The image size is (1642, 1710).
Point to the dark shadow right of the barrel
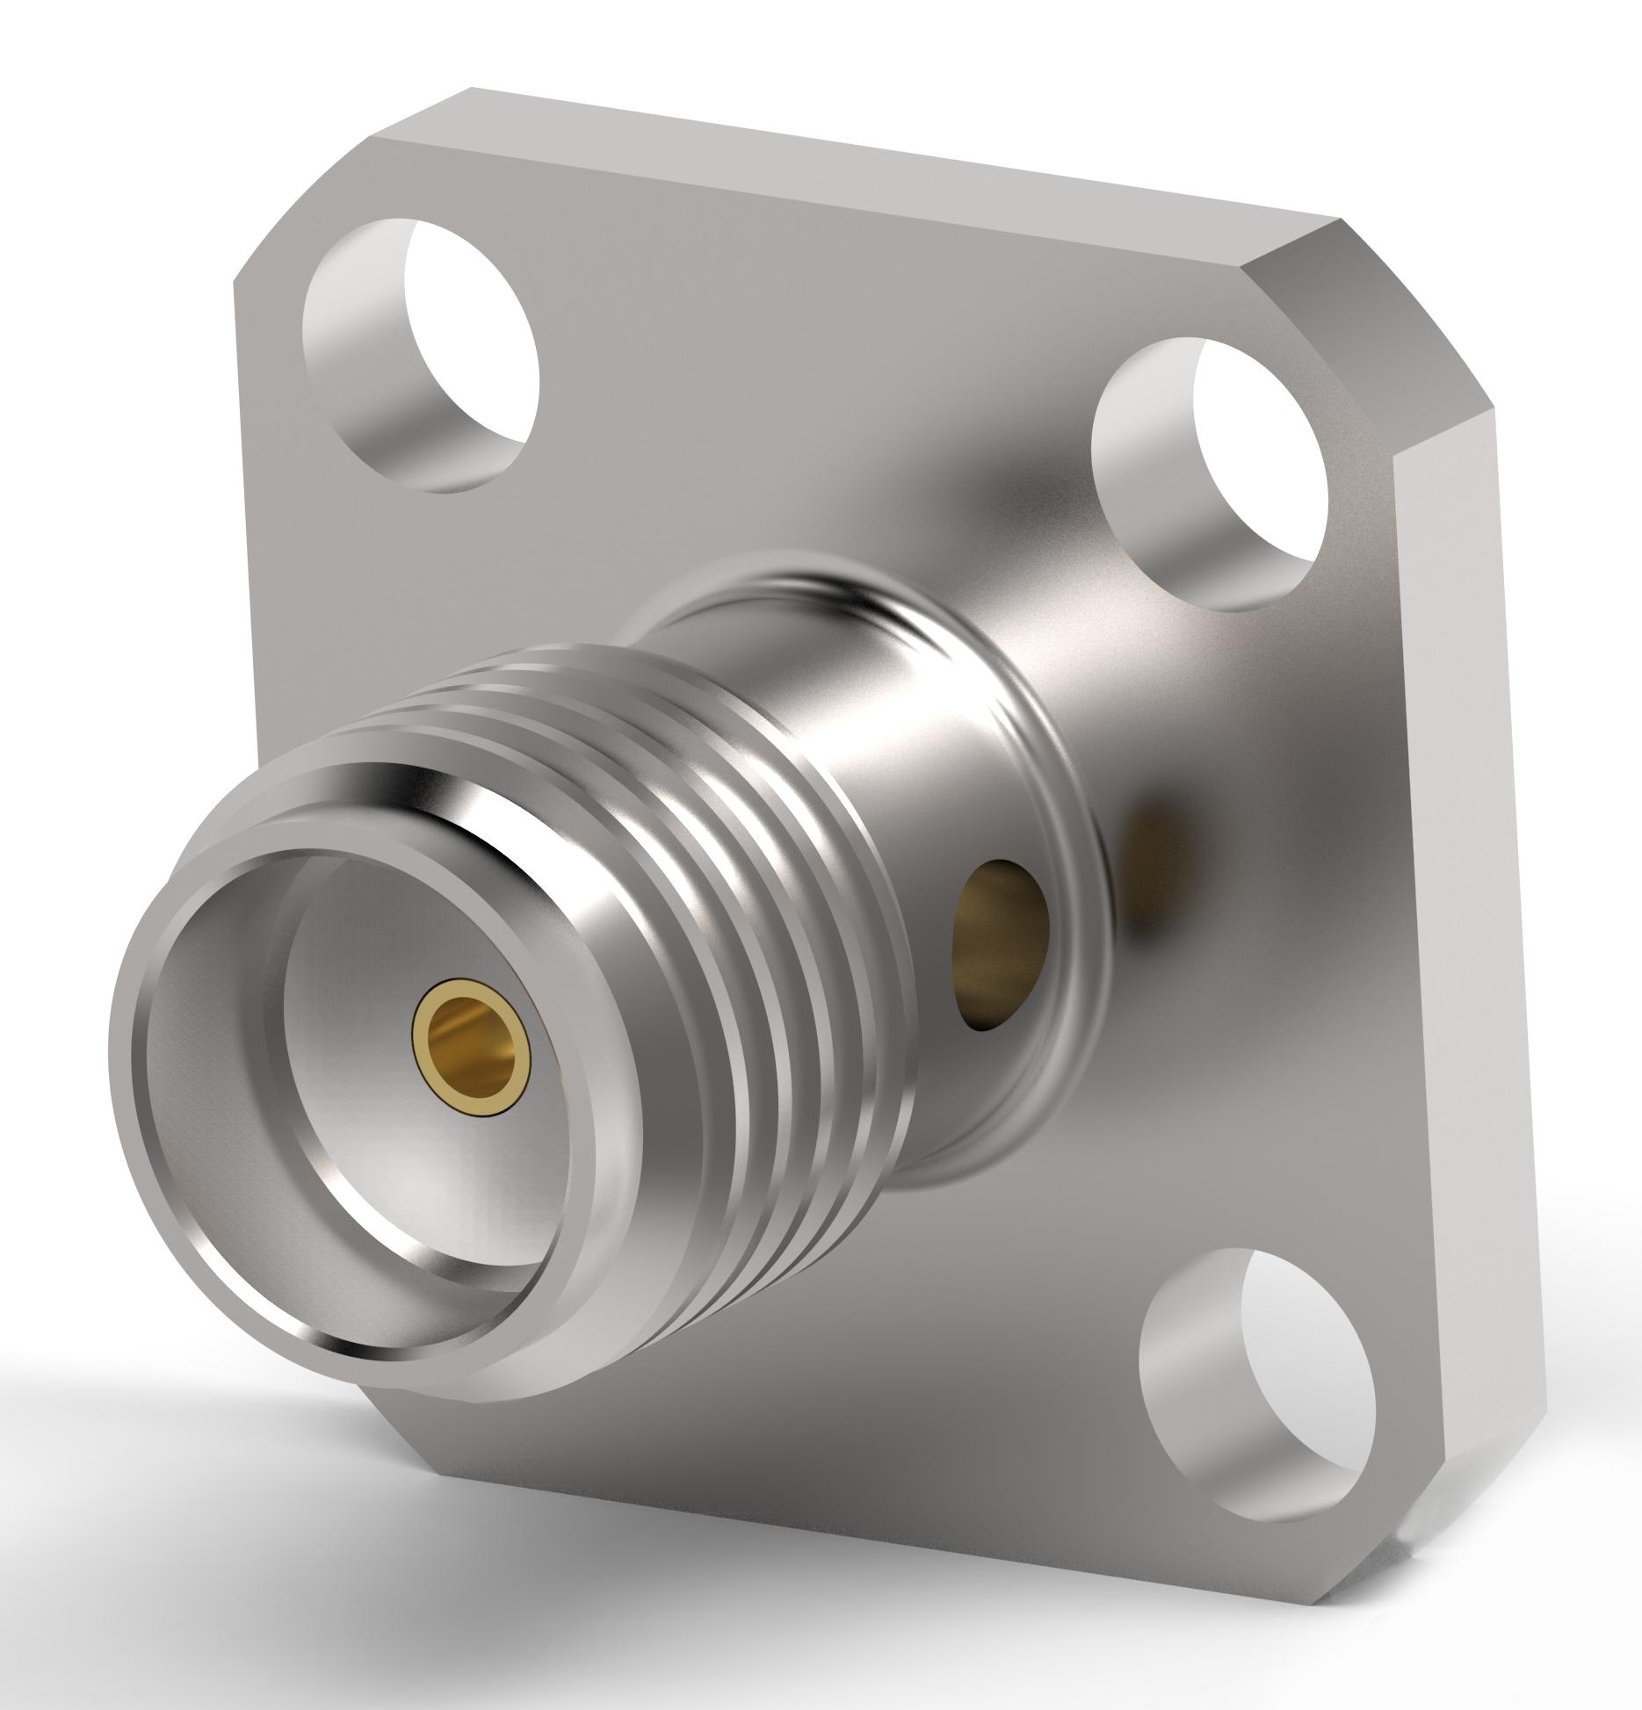(1151, 843)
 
